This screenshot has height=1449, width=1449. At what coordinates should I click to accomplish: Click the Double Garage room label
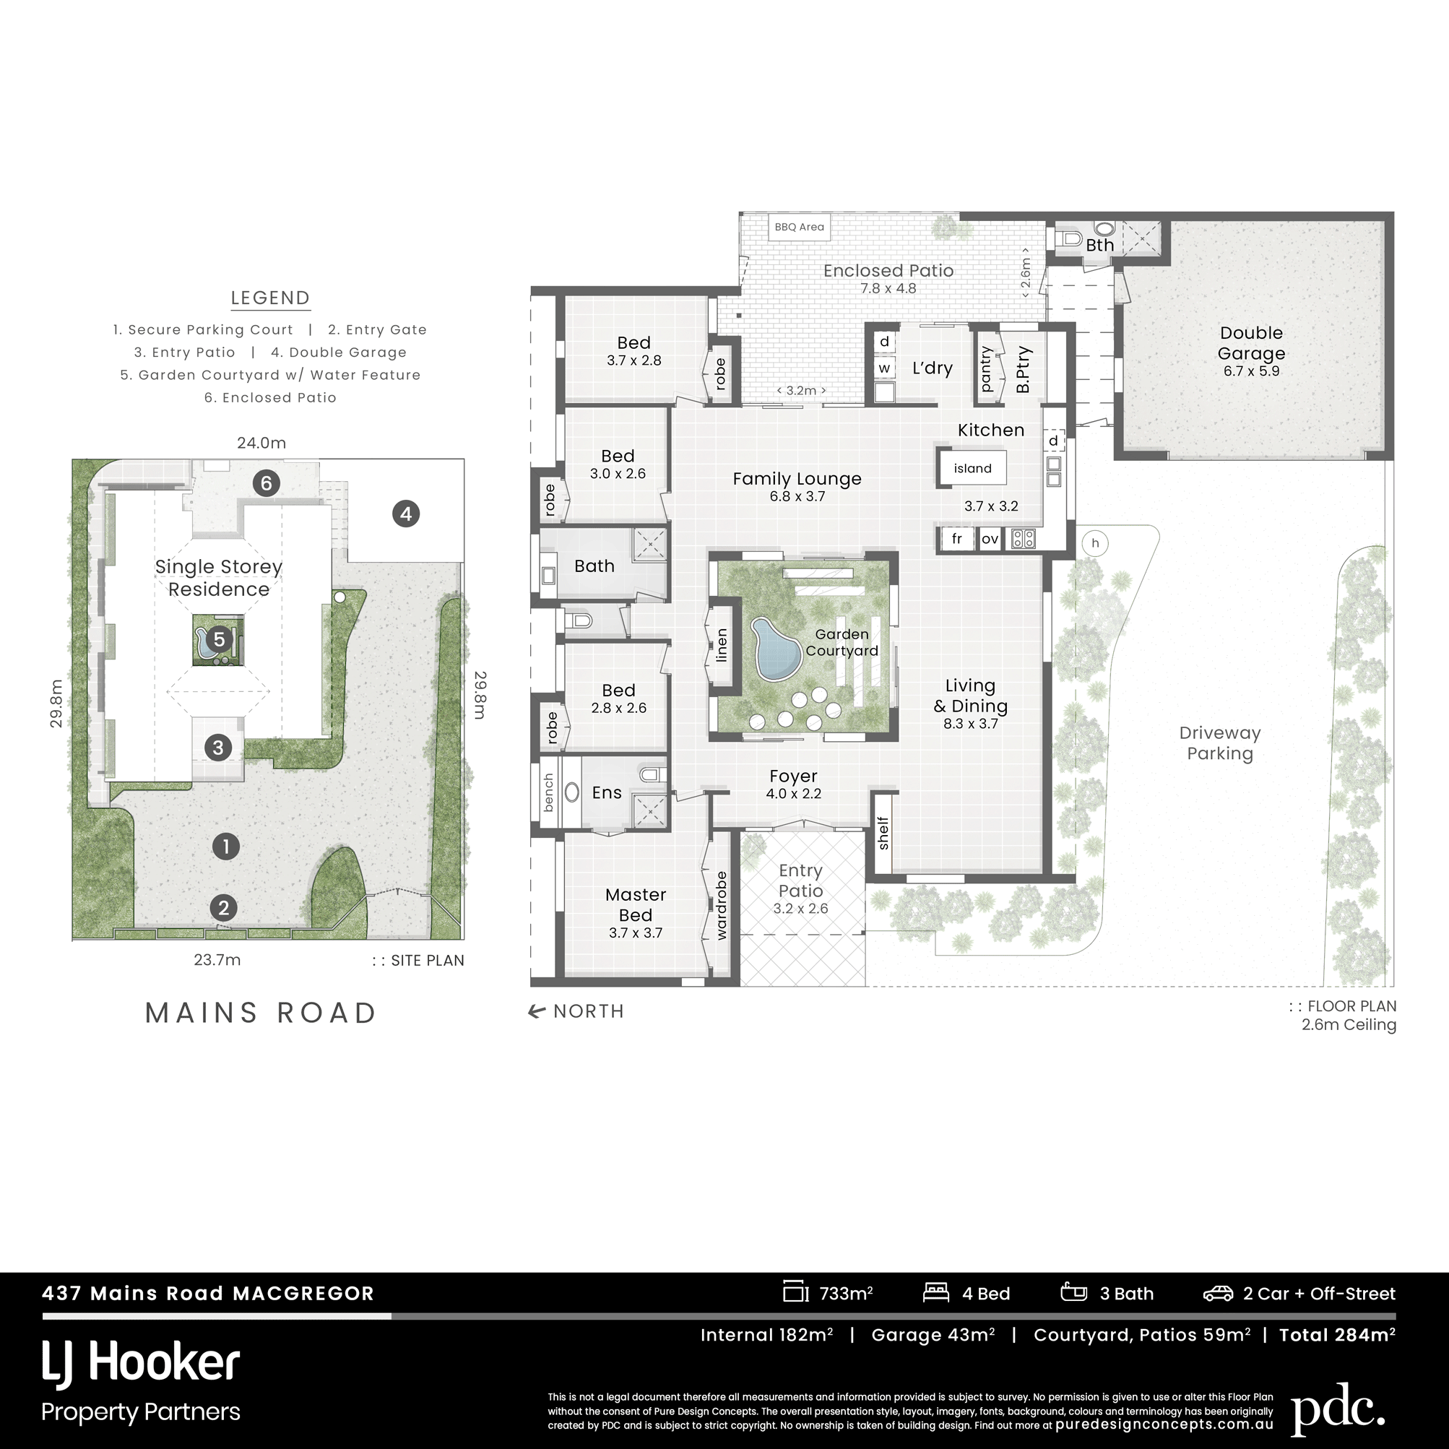[x=1251, y=343]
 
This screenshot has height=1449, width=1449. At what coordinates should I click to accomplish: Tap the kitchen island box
[x=972, y=468]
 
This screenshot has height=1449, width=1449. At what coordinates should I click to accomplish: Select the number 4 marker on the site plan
[x=406, y=514]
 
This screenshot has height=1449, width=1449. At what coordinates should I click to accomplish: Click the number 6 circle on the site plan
[x=267, y=483]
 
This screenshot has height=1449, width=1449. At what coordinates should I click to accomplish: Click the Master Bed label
[x=635, y=904]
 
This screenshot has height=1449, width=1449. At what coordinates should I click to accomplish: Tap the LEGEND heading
[x=270, y=298]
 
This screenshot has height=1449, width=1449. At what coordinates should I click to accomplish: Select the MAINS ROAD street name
[x=261, y=1013]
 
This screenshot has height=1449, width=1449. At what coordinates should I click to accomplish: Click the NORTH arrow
[x=536, y=1012]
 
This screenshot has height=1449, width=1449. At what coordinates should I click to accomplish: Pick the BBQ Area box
[x=800, y=228]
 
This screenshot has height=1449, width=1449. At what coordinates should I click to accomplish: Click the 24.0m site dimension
[x=261, y=444]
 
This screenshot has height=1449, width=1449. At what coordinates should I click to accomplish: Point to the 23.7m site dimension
[x=217, y=960]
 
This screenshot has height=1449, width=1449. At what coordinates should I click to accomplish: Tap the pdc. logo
[x=1337, y=1408]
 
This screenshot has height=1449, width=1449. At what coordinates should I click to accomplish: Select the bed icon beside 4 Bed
[x=936, y=1293]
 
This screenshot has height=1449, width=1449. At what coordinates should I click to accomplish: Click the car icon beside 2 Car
[x=1218, y=1294]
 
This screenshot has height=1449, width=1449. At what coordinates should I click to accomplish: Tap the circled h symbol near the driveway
[x=1095, y=543]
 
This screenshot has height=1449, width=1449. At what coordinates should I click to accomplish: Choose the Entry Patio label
[x=800, y=881]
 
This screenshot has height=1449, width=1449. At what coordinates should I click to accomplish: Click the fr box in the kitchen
[x=957, y=539]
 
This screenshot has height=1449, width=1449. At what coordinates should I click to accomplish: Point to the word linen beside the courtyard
[x=722, y=645]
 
